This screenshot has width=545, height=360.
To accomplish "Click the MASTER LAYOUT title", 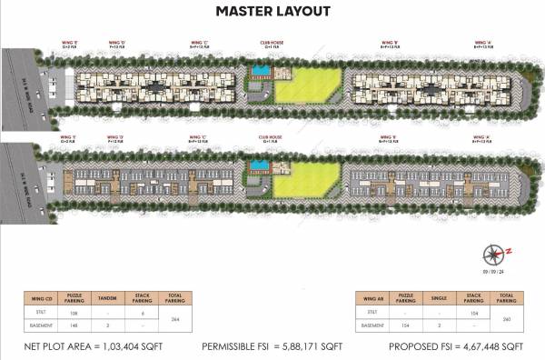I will tap(272, 13).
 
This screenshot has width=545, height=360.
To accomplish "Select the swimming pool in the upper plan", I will tap(260, 70).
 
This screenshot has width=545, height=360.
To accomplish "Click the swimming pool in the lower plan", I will tap(260, 165).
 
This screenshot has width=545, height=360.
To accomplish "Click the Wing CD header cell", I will tap(42, 297).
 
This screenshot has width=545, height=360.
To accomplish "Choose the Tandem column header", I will tap(107, 297).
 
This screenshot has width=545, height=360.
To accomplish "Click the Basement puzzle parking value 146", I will tap(75, 324).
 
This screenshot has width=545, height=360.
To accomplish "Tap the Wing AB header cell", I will tap(373, 297).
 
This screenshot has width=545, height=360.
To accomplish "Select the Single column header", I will tap(439, 297).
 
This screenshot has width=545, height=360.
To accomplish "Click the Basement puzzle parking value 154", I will tap(407, 324).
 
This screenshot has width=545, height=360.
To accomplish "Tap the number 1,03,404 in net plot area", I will tap(122, 347).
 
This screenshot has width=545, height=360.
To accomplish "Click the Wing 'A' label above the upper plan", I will tap(481, 42).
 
